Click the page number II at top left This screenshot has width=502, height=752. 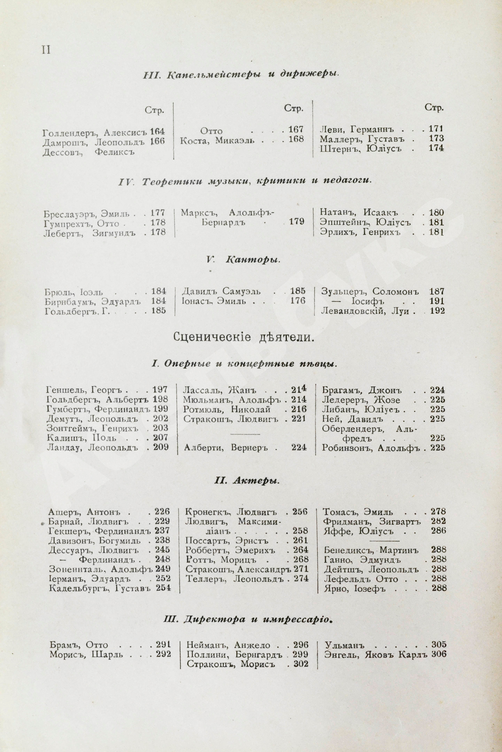(x=46, y=50)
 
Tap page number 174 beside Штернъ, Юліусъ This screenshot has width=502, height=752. (x=436, y=149)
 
